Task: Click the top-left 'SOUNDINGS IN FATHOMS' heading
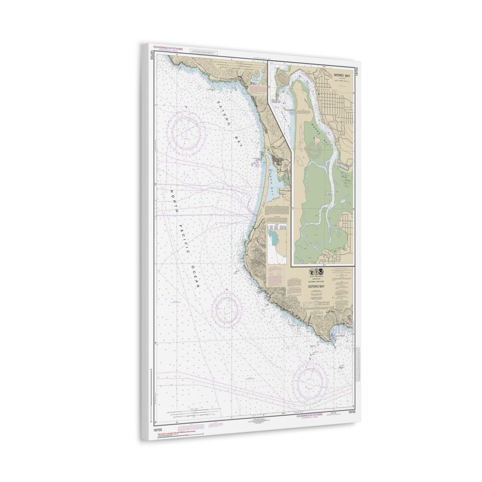pos(168,47)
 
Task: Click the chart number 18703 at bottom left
pos(157,429)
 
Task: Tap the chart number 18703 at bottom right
pos(351,412)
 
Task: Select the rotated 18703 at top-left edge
pos(152,55)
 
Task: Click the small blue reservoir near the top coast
pos(258,78)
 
